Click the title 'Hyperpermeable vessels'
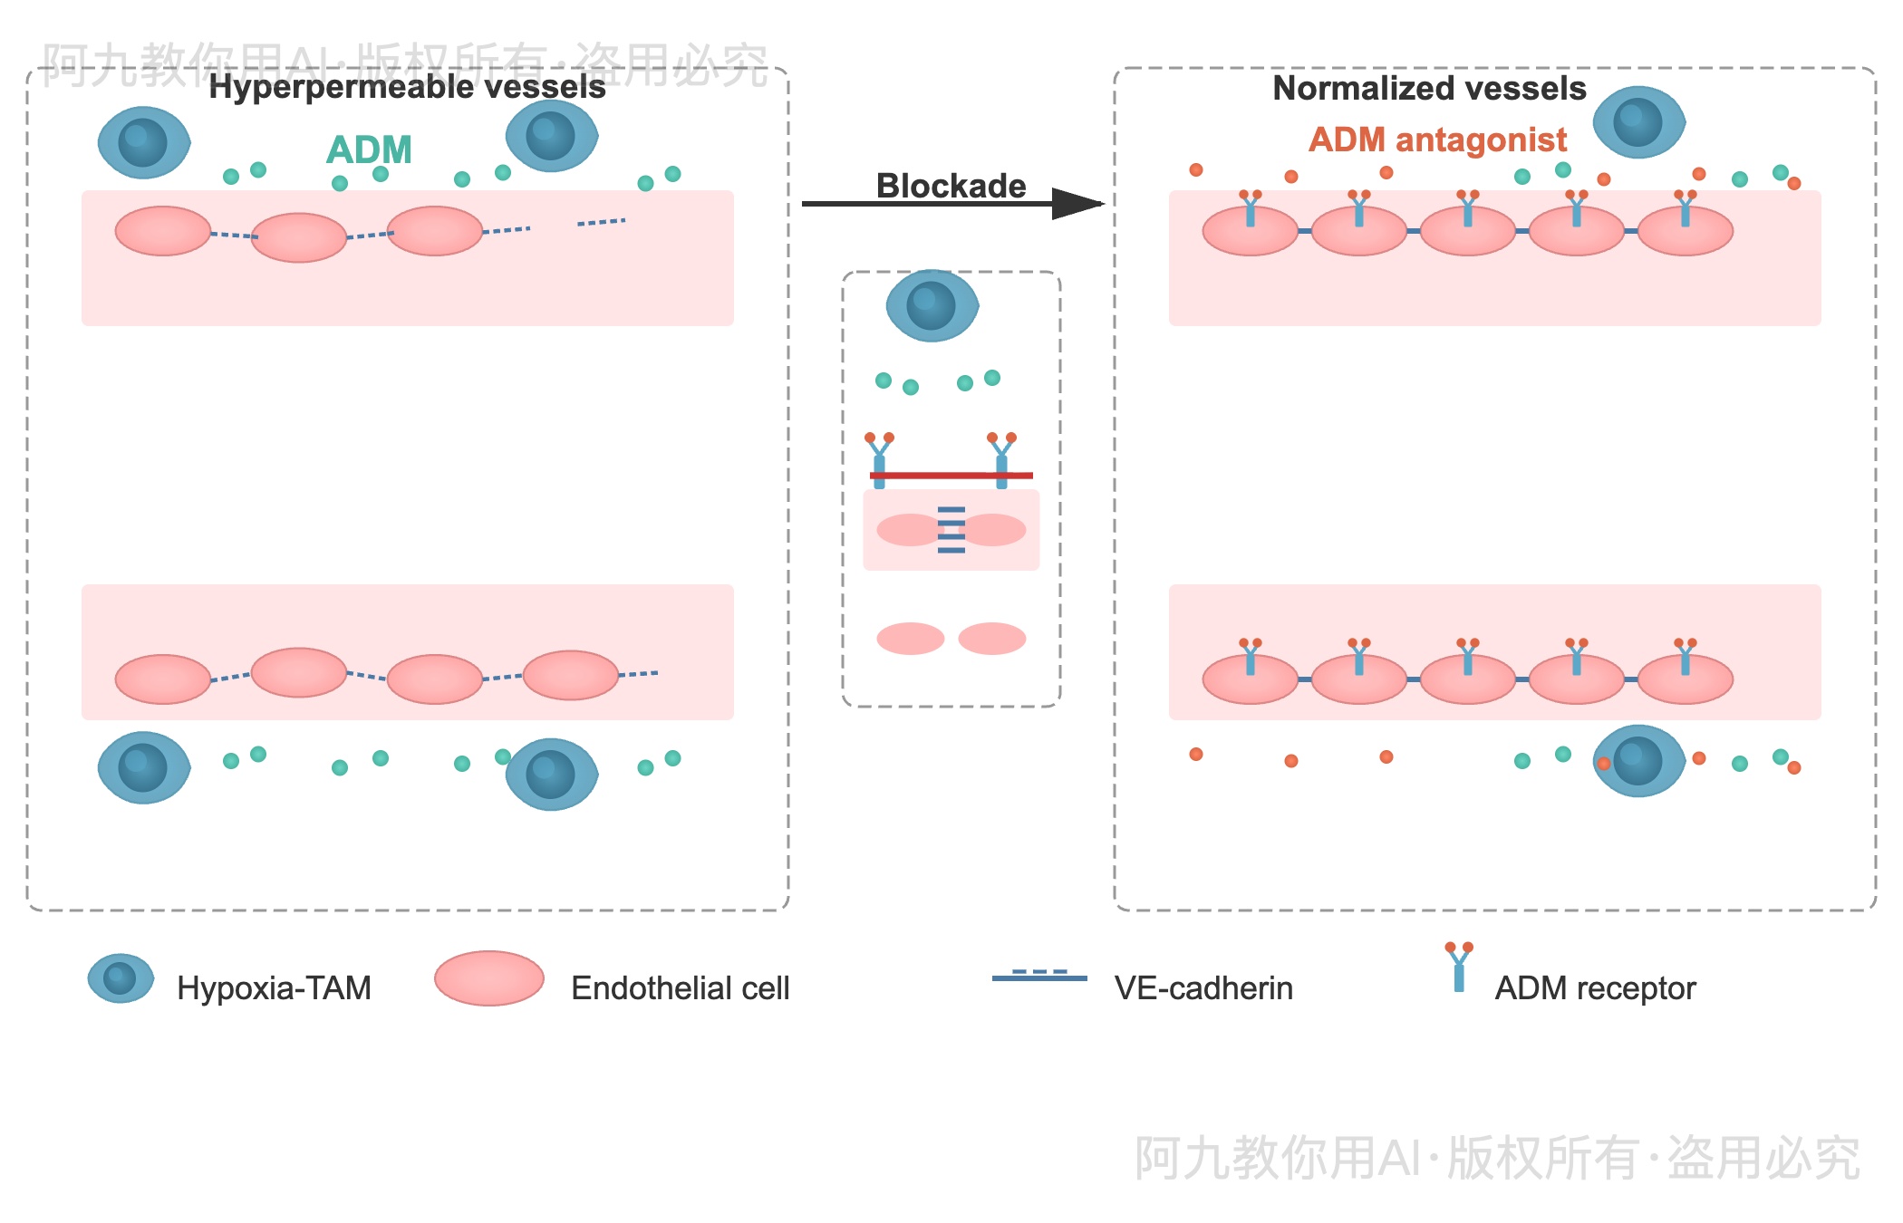[407, 87]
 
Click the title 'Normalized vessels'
[1429, 88]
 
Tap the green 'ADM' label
[369, 149]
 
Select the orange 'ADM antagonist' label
[1437, 140]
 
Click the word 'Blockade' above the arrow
[951, 186]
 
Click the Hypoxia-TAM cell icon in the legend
[120, 978]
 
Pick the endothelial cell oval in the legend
[488, 978]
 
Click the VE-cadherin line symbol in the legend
[1039, 977]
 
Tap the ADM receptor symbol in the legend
[1459, 968]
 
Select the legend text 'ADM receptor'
[1595, 988]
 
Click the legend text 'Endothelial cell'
[680, 988]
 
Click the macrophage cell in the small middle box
[932, 305]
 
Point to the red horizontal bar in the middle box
[951, 475]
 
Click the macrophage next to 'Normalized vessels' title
[1638, 122]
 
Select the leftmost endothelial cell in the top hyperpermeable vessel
[163, 231]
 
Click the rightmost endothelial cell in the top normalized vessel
[1686, 231]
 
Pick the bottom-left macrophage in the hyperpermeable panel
[143, 767]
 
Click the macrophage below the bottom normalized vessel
[1638, 761]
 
